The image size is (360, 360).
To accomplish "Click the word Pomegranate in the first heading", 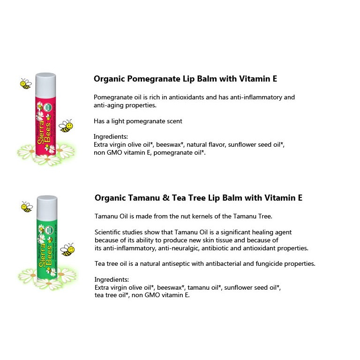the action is pos(154,79).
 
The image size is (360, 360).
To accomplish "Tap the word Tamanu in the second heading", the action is pos(144,198).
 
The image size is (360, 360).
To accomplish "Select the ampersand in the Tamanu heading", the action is pos(166,198).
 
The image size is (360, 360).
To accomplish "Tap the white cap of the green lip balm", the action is pos(47,208).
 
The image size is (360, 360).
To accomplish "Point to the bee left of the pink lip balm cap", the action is pos(25,84).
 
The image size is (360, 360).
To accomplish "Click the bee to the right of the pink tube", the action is pos(66,126).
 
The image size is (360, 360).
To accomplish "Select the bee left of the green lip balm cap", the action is pos(27,207).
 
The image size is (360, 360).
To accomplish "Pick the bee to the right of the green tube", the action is pos(67,249).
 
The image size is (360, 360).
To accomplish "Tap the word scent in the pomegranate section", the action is pos(174,121).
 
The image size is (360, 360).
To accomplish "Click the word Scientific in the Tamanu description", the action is pos(107,232).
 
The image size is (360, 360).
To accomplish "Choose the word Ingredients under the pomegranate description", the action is pos(111,137).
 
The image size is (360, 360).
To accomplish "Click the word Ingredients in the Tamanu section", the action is pos(112,280).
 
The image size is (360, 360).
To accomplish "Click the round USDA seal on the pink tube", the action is pos(48,107).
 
